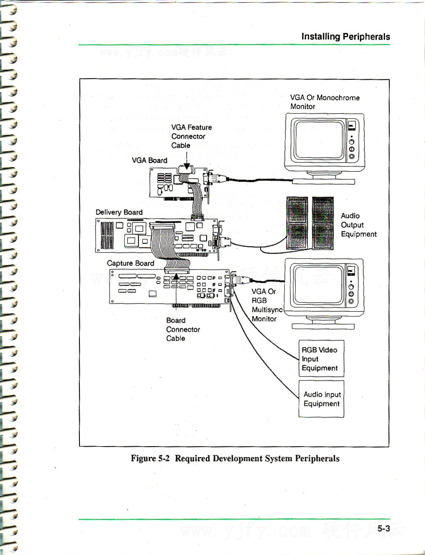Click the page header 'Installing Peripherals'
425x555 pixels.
(x=346, y=36)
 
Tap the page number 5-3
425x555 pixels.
(x=383, y=528)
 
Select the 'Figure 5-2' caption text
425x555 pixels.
(x=235, y=458)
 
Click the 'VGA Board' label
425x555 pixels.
(x=149, y=160)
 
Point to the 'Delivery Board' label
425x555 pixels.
(x=119, y=212)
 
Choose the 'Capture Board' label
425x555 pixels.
(x=130, y=263)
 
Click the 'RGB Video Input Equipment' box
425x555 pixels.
(x=321, y=359)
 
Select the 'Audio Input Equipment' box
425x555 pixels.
(x=321, y=399)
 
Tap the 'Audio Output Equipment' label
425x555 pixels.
(x=358, y=225)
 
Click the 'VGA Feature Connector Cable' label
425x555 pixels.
(x=191, y=136)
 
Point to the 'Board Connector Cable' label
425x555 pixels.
(x=183, y=330)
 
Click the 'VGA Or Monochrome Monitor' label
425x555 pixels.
(x=325, y=102)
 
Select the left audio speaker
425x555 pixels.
(x=297, y=223)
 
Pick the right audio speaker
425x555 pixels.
(x=323, y=223)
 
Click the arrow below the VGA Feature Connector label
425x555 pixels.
(x=187, y=167)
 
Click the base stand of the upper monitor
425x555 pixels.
(x=324, y=180)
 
